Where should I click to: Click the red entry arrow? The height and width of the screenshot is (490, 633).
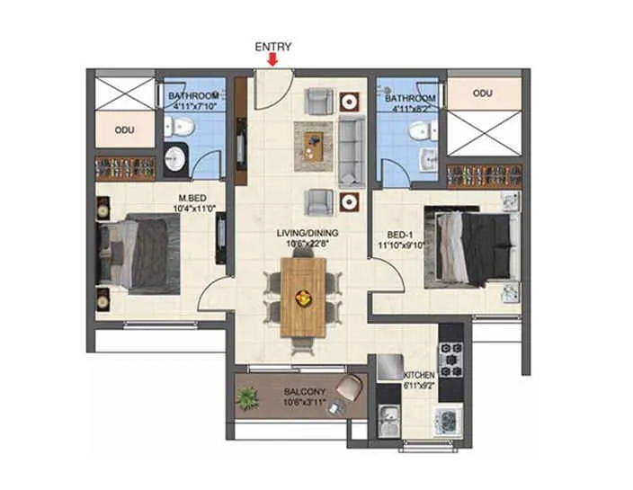(273, 59)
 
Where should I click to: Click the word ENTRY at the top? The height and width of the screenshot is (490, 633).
(273, 46)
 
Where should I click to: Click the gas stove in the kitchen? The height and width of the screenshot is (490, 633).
(449, 360)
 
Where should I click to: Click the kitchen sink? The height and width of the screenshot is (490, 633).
(389, 420)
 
